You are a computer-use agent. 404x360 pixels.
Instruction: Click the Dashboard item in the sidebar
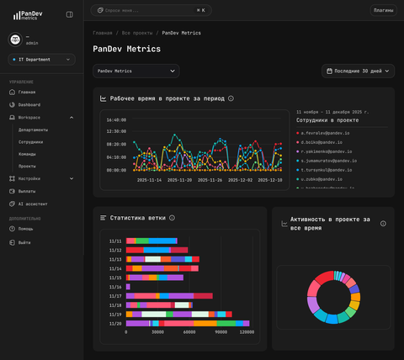(29, 104)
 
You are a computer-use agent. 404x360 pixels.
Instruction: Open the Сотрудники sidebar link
(30, 142)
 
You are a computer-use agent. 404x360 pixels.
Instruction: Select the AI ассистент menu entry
(33, 204)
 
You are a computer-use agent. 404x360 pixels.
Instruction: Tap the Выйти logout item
(24, 242)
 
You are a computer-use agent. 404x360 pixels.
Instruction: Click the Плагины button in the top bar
(383, 10)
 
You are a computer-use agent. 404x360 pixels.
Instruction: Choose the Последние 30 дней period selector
(358, 71)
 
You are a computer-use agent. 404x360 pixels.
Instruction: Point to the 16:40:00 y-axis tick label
(116, 119)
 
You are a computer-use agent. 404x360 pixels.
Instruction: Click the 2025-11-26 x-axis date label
(208, 180)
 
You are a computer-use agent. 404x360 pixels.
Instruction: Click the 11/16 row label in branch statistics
(115, 287)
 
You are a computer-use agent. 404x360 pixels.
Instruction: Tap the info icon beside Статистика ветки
(172, 218)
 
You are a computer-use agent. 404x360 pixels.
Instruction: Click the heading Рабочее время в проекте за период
(167, 98)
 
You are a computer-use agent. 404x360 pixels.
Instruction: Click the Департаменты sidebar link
(34, 130)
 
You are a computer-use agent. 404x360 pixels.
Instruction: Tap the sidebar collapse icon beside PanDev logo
(69, 14)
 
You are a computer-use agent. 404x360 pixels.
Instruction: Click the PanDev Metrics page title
(126, 49)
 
